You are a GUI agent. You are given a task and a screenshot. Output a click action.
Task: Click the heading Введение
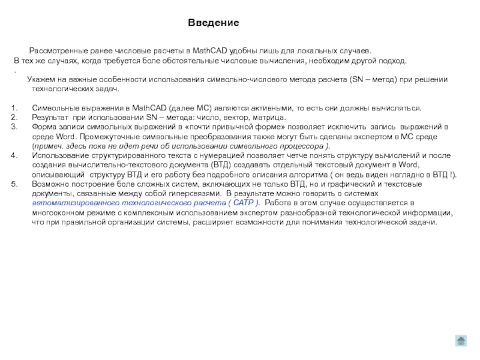click(x=213, y=23)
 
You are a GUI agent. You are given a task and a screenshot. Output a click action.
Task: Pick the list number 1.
click(x=14, y=108)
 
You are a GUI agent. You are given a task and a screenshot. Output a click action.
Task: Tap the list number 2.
click(x=14, y=118)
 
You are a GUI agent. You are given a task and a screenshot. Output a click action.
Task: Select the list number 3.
click(x=14, y=127)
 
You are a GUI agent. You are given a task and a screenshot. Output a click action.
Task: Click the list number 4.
click(x=14, y=156)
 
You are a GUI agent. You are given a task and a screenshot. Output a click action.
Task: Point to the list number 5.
click(x=14, y=185)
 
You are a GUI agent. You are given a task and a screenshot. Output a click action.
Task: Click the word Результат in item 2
click(x=50, y=118)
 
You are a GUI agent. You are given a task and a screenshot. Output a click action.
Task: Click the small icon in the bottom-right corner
click(x=461, y=341)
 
